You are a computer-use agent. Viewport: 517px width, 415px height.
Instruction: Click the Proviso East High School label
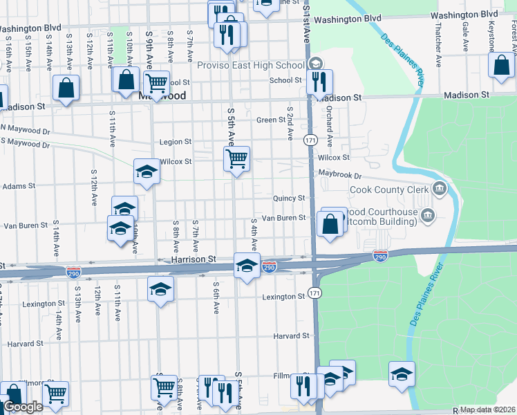[251, 65]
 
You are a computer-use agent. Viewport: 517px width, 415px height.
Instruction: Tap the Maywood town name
[162, 96]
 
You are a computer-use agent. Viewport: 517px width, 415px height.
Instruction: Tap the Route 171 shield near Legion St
[310, 140]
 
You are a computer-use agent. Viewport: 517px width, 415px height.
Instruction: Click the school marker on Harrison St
[246, 265]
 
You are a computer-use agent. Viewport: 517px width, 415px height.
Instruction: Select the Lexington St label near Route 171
[283, 297]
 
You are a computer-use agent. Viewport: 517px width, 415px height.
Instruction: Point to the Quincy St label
[288, 199]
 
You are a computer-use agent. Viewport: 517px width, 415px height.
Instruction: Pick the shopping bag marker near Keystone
[501, 66]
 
